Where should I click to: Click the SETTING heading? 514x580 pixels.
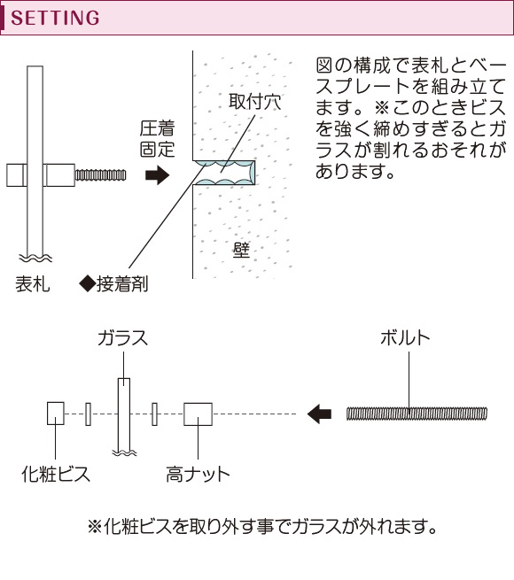[x=55, y=18]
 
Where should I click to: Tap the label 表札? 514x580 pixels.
[x=33, y=284]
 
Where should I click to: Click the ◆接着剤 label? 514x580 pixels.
[x=113, y=284]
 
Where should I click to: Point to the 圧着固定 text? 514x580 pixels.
[x=158, y=139]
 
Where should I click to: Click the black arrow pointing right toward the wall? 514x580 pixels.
[x=158, y=175]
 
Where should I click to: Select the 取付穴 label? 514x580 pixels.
[x=254, y=101]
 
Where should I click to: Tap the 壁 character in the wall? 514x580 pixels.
[x=241, y=250]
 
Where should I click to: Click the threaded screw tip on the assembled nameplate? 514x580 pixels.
[x=100, y=175]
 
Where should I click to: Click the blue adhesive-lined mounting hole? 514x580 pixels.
[x=224, y=173]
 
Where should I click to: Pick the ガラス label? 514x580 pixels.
[x=123, y=337]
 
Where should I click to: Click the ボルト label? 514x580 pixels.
[x=405, y=337]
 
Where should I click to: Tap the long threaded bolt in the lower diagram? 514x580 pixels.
[x=417, y=414]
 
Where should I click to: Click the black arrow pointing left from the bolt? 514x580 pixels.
[x=320, y=414]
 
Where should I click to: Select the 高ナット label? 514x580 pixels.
[x=198, y=474]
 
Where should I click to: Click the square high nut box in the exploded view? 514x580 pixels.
[x=199, y=414]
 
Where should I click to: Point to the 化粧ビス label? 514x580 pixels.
[x=56, y=474]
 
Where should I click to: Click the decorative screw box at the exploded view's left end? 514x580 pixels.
[x=56, y=414]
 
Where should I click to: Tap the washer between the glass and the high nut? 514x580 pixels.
[x=154, y=414]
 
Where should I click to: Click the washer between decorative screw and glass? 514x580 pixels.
[x=88, y=414]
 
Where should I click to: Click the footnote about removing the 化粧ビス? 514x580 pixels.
[x=262, y=526]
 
